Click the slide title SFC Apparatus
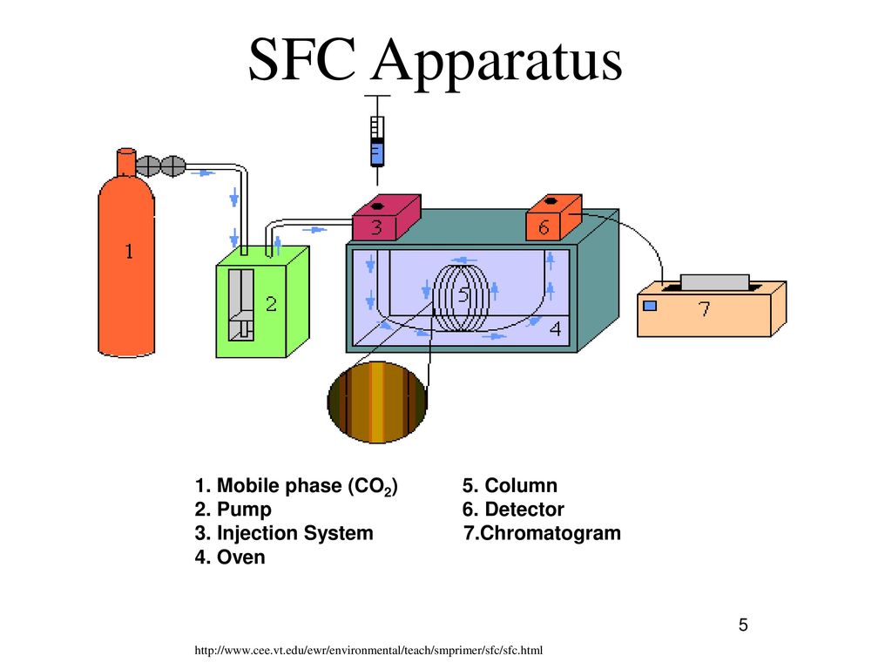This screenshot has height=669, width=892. (x=436, y=63)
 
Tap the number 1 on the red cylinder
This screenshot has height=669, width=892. (x=128, y=253)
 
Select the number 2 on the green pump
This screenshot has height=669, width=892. (x=271, y=304)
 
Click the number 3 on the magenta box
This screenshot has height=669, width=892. (x=376, y=228)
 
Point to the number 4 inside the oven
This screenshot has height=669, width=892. (x=554, y=329)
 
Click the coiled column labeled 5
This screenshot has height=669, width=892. (x=463, y=296)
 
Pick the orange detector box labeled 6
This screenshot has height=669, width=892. (x=552, y=220)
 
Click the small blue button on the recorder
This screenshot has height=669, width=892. (x=649, y=306)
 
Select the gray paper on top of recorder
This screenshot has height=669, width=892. (x=714, y=281)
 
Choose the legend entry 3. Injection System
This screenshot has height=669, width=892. (x=284, y=533)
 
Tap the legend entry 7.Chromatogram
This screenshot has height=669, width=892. (x=543, y=533)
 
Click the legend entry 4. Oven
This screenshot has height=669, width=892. (x=230, y=557)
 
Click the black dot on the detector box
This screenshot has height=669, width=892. (x=544, y=205)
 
